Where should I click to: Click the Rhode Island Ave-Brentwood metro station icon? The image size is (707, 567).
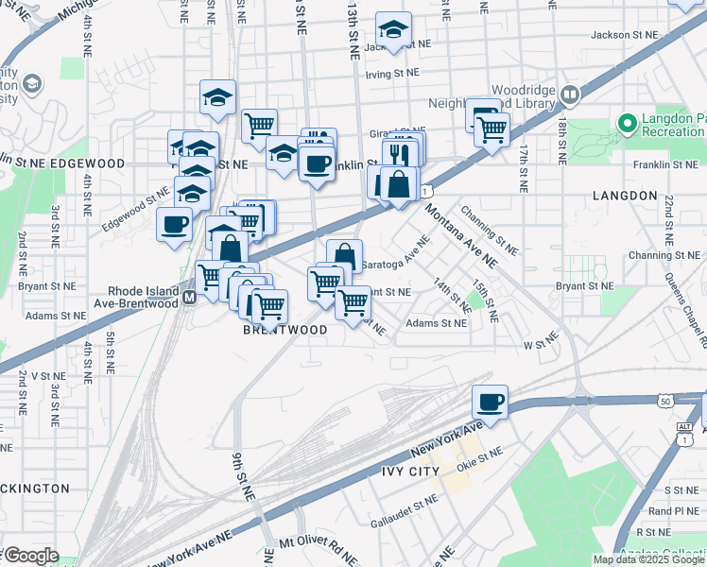189,297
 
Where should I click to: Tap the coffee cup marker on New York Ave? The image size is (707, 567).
490,402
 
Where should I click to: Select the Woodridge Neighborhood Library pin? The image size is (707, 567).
570,94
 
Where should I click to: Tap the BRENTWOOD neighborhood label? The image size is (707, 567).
285,330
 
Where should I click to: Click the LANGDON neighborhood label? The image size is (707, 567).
624,195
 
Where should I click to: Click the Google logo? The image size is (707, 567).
30,556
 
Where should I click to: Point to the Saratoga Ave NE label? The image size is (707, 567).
396,251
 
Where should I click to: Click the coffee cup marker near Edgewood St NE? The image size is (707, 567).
174,225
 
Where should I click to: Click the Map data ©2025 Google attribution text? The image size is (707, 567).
647,559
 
